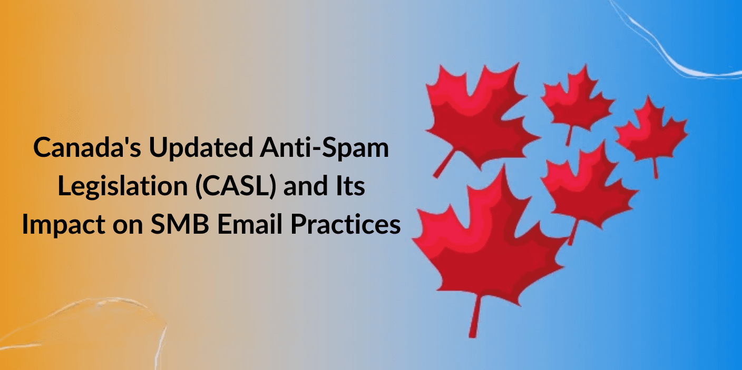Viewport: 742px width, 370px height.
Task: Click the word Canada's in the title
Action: (87, 147)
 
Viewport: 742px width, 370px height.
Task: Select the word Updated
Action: (201, 147)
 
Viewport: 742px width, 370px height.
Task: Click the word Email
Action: (250, 224)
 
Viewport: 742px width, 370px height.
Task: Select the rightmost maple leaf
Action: (651, 133)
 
